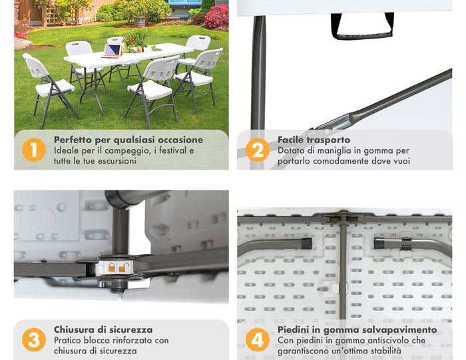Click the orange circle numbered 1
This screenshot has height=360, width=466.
pos(34,150)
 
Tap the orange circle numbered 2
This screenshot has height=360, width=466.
pos(258,150)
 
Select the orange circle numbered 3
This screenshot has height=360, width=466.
pos(34,340)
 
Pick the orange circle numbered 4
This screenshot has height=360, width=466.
pos(258,340)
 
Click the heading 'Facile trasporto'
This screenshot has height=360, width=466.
pos(314,140)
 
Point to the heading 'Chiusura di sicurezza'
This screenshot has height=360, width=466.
pos(103,329)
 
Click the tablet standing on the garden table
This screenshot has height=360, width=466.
pos(113,50)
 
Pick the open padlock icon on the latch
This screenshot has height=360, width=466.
pos(124,267)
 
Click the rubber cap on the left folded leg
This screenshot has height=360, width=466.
pos(306,244)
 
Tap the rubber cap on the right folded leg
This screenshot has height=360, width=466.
pos(379,244)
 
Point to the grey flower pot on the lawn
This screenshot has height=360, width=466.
pos(140,21)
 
